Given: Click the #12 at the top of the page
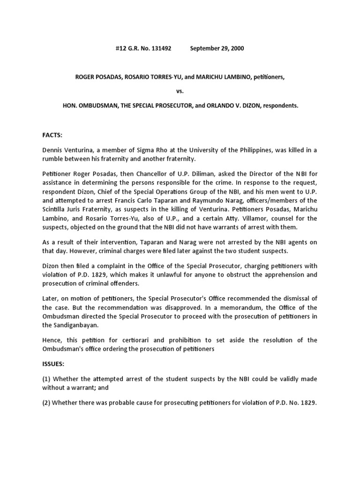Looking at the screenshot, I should pos(121,48).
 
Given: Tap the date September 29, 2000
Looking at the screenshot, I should pos(217,48).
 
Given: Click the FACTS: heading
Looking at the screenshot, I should pos(52,135).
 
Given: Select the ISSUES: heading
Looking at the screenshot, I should pos(54,363).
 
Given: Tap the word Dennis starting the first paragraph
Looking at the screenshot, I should pos(52,150).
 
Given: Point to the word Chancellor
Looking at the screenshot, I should pos(133,175).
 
